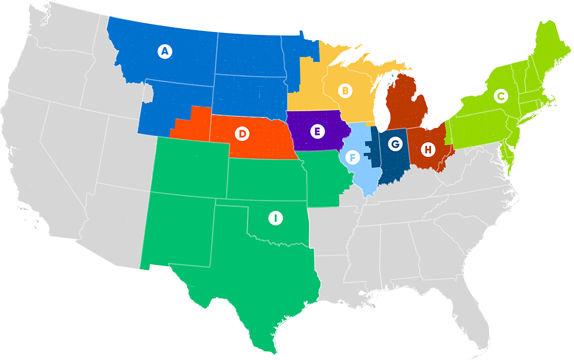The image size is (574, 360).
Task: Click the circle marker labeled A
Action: coord(165,51)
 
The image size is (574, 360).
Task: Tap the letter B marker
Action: coord(344,90)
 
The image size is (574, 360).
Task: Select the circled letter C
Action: coord(500,97)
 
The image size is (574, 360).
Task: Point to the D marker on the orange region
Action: coord(243,134)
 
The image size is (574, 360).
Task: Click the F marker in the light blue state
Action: coord(352,157)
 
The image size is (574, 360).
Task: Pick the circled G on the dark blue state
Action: coord(395,143)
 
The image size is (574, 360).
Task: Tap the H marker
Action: coord(428,150)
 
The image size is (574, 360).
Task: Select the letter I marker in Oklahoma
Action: coord(275,218)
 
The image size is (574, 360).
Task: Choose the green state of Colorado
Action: coord(189,165)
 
